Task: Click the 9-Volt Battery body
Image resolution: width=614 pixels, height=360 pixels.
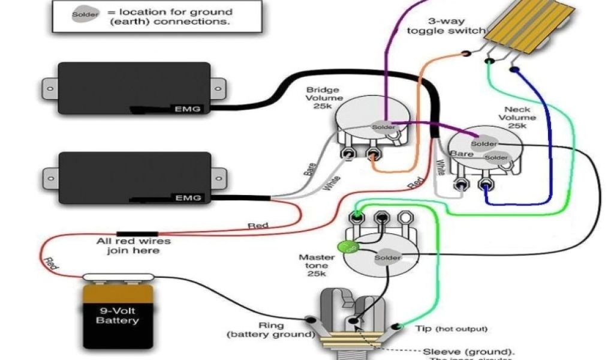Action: [118, 316]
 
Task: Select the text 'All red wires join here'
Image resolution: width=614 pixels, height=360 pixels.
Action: [134, 246]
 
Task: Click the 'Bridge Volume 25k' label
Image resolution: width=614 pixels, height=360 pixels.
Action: [324, 98]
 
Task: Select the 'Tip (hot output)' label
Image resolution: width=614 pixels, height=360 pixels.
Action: [451, 329]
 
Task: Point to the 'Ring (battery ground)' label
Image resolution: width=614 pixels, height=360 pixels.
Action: [270, 329]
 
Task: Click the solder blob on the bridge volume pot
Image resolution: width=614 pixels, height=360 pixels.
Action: [384, 127]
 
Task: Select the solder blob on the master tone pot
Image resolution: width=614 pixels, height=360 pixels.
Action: [387, 257]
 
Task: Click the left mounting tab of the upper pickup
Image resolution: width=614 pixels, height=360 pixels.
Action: [49, 89]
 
